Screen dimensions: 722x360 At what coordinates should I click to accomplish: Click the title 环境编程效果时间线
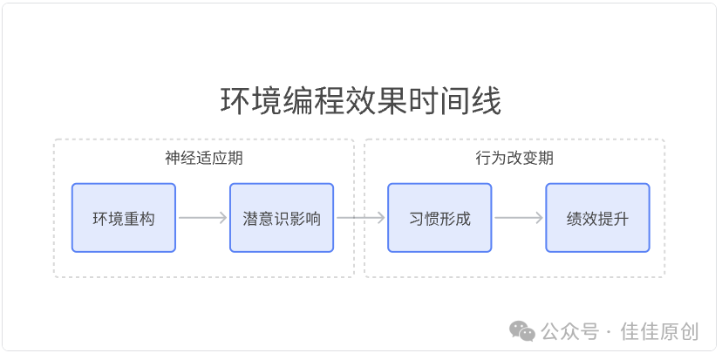point(360,101)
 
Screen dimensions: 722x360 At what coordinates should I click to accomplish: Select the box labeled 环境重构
point(124,218)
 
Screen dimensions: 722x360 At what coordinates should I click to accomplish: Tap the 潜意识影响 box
point(282,218)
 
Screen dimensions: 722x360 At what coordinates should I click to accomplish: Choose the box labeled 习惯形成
point(439,218)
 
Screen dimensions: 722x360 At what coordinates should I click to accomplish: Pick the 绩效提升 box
point(597,218)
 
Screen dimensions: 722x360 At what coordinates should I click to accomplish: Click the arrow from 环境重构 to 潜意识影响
point(202,218)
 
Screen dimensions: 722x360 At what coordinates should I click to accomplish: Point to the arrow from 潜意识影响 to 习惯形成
point(360,218)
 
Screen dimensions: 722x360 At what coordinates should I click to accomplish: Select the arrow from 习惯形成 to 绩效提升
point(519,218)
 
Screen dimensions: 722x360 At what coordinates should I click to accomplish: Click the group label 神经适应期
point(204,159)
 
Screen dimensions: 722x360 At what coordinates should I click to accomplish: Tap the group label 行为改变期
point(514,159)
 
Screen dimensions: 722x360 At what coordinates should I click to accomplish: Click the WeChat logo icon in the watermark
point(521,331)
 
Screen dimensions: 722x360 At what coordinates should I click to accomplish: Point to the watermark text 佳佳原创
point(659,331)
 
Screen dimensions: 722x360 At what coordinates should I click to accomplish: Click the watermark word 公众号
point(570,331)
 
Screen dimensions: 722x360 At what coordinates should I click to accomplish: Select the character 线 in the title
point(487,101)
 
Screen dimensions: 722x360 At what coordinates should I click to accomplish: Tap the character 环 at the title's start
point(235,101)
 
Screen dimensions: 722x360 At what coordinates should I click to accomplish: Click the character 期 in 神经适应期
point(235,159)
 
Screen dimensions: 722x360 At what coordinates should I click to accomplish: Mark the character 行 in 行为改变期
point(483,159)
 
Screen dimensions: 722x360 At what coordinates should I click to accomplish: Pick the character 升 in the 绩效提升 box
point(621,219)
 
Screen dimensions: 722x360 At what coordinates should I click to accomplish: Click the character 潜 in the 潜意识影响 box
point(251,219)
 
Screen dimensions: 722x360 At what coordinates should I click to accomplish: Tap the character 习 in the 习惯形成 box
point(417,219)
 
